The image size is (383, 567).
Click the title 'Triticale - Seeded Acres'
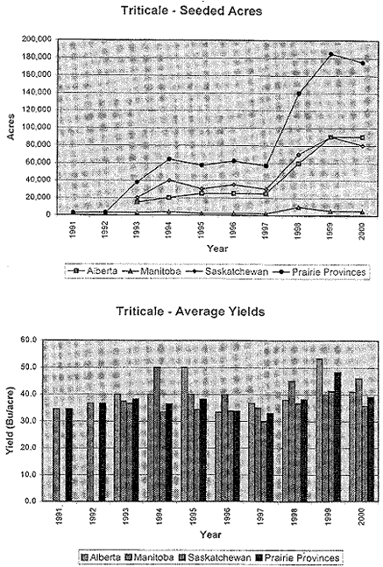[191, 10]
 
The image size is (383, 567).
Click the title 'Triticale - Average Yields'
[190, 311]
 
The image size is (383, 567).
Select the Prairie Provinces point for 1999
[330, 54]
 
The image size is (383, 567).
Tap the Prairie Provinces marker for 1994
[169, 158]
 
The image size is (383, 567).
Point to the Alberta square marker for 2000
[362, 137]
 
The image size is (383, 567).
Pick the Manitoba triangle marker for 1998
[298, 207]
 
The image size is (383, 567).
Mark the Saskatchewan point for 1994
[169, 180]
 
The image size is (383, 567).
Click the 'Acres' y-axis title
[11, 127]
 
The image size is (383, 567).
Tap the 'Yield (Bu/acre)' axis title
[11, 421]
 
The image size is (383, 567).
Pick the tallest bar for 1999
[319, 430]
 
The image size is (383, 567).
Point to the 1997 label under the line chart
[266, 229]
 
